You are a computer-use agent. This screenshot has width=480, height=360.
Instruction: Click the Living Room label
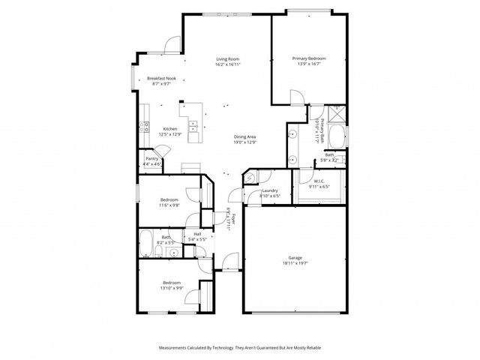pos(228,58)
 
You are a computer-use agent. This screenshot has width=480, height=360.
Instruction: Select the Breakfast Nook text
pos(161,79)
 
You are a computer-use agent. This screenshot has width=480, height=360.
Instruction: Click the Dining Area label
pos(245,136)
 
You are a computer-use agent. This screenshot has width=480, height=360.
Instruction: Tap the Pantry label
pos(151,159)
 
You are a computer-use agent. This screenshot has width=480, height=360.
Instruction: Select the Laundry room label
pos(270,190)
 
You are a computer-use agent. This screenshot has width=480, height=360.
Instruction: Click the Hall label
pos(197,235)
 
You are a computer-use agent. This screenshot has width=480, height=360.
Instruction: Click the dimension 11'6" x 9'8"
pos(169,205)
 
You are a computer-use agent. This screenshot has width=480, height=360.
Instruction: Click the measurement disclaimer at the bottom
pos(240,348)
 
